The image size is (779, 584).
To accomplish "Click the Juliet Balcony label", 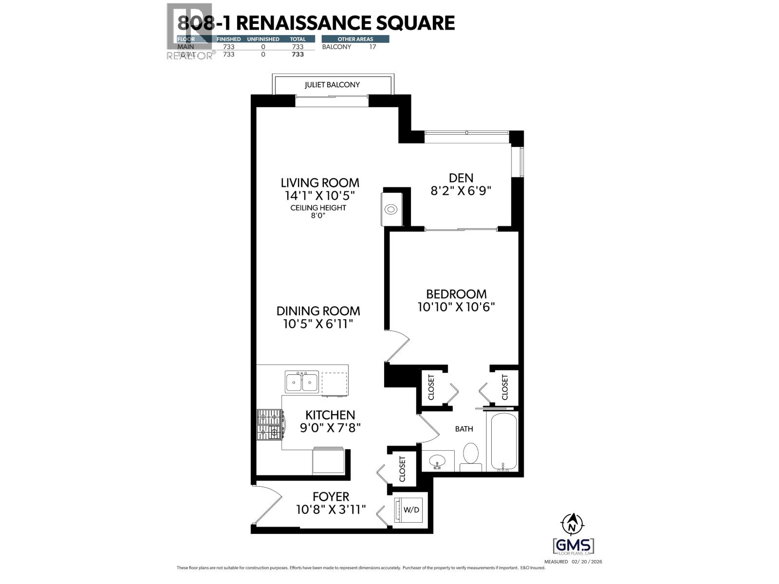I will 332,85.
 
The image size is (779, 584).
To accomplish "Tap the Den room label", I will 461,178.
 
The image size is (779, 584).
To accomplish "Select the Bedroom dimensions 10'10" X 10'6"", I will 456,307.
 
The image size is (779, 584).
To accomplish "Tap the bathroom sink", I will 437,460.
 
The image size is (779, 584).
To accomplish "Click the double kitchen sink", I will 302,382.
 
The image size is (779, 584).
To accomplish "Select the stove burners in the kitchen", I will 270,423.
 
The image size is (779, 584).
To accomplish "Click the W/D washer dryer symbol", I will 410,510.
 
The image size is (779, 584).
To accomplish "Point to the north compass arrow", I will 573,524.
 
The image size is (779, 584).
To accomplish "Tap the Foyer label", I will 331,496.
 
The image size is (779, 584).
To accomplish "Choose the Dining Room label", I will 318,311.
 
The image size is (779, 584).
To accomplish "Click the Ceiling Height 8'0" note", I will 318,211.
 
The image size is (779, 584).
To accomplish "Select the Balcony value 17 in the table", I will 372,47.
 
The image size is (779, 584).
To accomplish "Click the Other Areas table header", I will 355,39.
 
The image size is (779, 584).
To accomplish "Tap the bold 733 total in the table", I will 297,55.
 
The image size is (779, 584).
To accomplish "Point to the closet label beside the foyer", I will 402,469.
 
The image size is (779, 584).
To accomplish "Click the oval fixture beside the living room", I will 391,210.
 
